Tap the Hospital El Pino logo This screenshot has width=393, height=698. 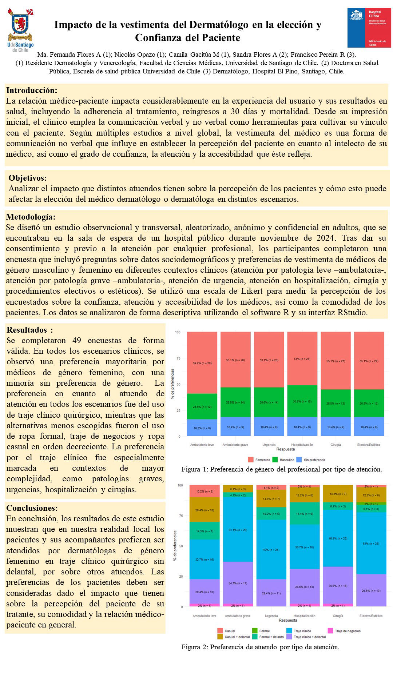[x=369, y=28]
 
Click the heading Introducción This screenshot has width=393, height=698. [x=32, y=90]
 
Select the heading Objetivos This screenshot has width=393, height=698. [x=28, y=178]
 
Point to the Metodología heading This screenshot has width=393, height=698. [x=31, y=217]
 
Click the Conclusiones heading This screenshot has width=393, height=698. [x=32, y=508]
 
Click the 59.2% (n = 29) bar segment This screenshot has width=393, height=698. [x=202, y=363]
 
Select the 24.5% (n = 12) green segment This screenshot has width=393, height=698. [x=202, y=406]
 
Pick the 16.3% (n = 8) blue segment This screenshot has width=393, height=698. [x=202, y=428]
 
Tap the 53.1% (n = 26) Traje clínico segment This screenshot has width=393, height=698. [x=238, y=530]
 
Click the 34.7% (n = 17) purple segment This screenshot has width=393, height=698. [x=238, y=583]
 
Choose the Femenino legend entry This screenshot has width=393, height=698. [x=259, y=460]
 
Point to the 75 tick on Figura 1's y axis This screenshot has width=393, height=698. [x=178, y=358]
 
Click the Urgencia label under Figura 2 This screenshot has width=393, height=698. [x=271, y=616]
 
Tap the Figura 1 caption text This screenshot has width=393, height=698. [x=281, y=469]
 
